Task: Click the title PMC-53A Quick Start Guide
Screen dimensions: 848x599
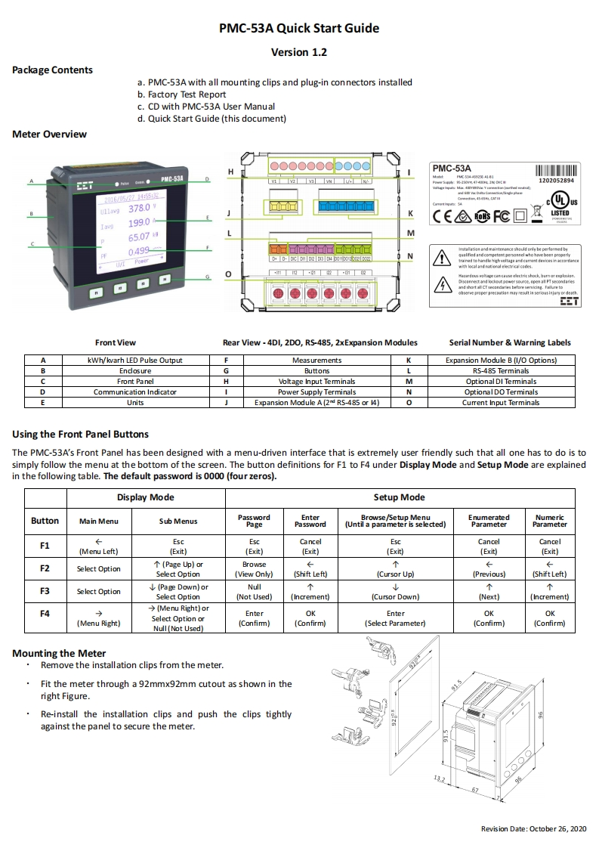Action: [299, 29]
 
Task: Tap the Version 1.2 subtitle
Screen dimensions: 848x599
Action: [299, 52]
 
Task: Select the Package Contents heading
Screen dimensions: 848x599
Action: [53, 70]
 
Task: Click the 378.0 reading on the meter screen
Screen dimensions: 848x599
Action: [139, 208]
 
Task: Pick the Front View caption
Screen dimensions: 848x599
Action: [116, 343]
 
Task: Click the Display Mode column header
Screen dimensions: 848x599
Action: [146, 498]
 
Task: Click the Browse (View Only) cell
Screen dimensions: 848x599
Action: [255, 569]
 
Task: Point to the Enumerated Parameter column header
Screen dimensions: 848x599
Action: [489, 521]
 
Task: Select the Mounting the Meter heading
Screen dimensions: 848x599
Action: [60, 653]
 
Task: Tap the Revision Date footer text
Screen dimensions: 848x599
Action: [533, 829]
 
